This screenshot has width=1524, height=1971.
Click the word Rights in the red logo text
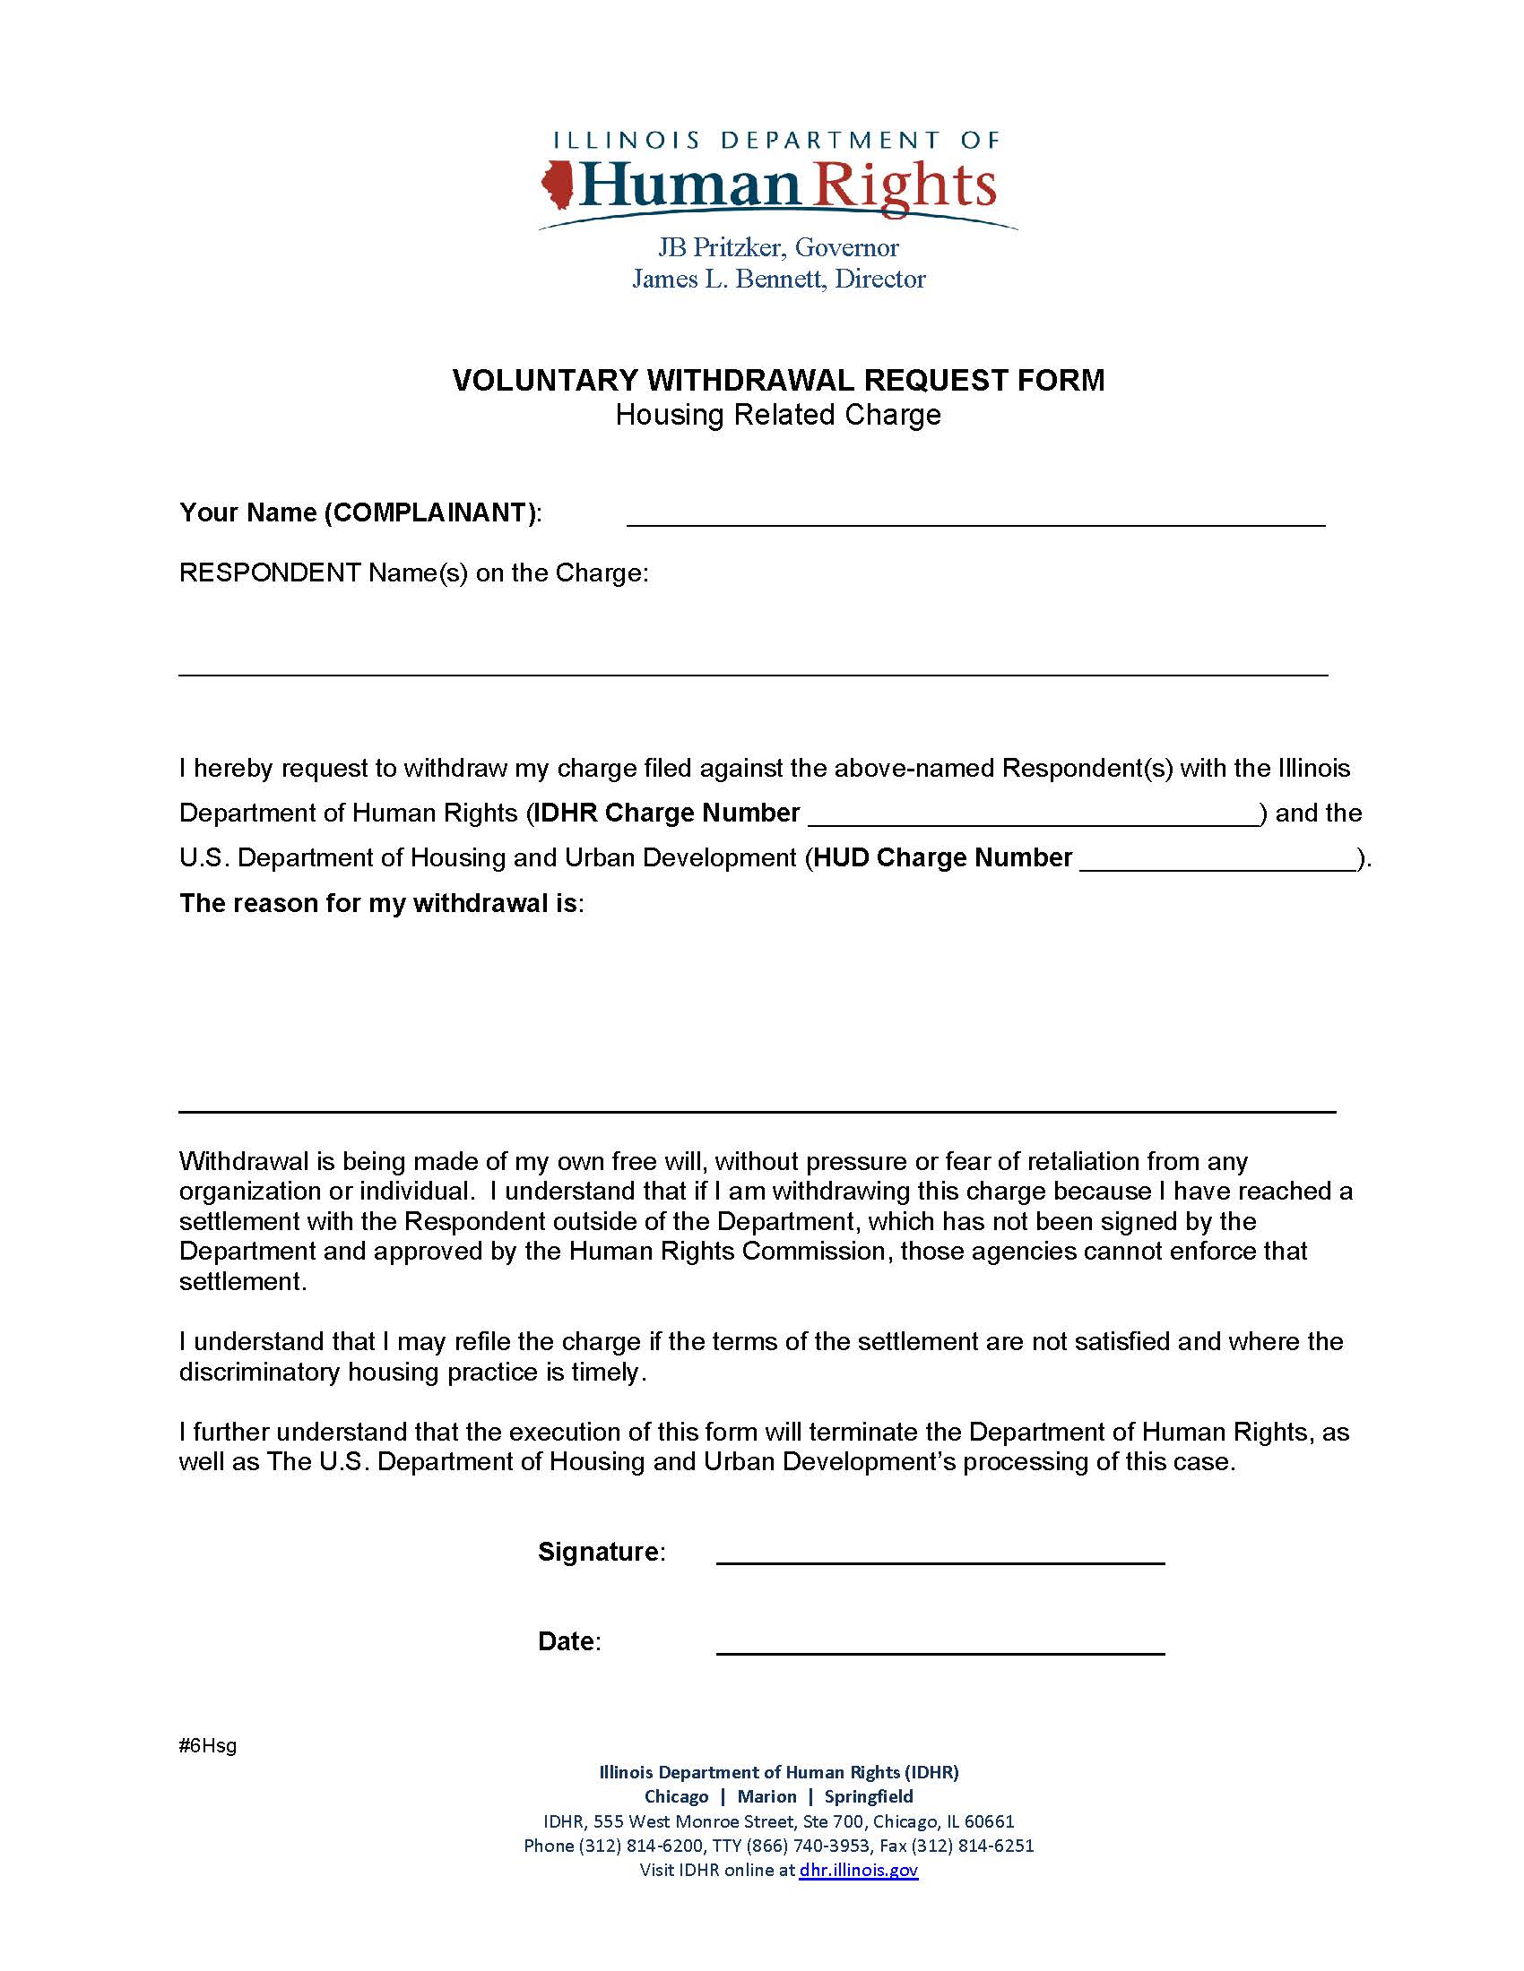(905, 185)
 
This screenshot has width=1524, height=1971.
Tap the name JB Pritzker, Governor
(777, 247)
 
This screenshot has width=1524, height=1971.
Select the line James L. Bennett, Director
(778, 279)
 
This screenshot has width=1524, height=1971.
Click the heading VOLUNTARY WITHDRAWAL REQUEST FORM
(777, 380)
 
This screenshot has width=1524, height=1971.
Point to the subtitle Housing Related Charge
(777, 415)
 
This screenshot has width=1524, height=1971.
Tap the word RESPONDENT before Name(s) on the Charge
(269, 573)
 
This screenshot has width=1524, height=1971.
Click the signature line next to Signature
(940, 1555)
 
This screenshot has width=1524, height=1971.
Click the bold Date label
(566, 1641)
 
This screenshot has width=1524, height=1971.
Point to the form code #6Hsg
(208, 1745)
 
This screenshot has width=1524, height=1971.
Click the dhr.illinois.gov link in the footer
(858, 1870)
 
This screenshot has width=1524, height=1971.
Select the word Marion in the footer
(766, 1797)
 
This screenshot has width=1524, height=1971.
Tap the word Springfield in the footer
(869, 1797)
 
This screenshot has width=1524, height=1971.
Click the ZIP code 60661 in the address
(990, 1821)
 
